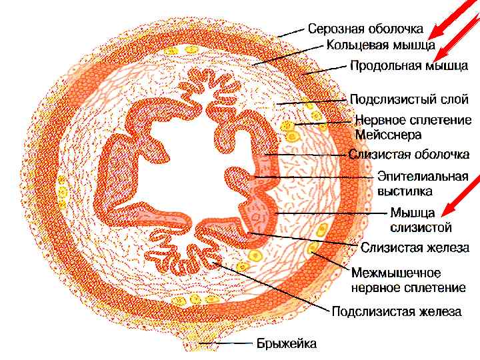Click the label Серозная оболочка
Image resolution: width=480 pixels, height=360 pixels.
point(365,29)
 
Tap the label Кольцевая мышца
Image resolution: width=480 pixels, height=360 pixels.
point(381,46)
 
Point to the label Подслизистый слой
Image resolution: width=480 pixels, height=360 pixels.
point(409,99)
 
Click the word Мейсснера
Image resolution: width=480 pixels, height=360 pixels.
point(389,135)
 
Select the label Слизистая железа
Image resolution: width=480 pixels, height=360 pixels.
point(415,247)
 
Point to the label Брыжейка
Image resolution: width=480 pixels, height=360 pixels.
point(287,344)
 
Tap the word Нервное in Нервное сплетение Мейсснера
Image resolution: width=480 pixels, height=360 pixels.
point(381,120)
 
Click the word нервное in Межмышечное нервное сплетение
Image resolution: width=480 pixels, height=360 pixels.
point(379,287)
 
